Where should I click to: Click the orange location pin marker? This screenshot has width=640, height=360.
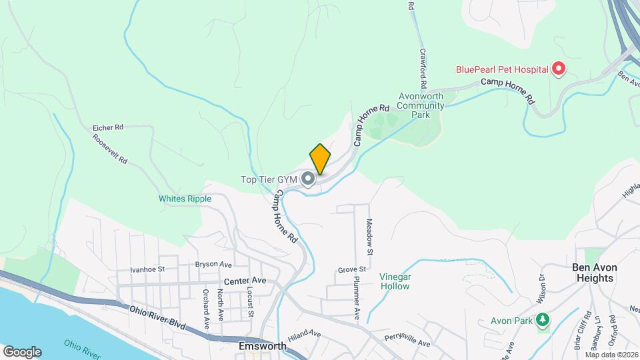click(x=320, y=159)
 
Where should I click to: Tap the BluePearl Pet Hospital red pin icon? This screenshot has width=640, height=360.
click(x=559, y=69)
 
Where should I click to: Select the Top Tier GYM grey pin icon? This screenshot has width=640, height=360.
click(x=308, y=179)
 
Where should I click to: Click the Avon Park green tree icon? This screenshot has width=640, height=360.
click(x=543, y=321)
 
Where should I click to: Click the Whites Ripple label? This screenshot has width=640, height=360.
click(x=185, y=199)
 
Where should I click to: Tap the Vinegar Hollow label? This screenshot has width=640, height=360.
click(x=395, y=281)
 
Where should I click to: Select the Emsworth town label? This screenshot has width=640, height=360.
click(x=262, y=346)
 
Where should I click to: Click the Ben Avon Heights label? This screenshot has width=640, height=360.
click(x=595, y=272)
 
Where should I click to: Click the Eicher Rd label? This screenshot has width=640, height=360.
click(x=109, y=127)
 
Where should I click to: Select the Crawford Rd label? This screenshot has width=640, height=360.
click(x=423, y=69)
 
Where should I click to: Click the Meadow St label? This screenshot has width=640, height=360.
click(x=369, y=237)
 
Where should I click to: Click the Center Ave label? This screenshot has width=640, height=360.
click(x=245, y=281)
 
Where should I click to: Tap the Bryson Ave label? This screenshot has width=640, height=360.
click(x=213, y=265)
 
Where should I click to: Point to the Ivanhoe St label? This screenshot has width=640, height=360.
click(x=147, y=269)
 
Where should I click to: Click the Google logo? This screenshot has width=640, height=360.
click(x=22, y=351)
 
